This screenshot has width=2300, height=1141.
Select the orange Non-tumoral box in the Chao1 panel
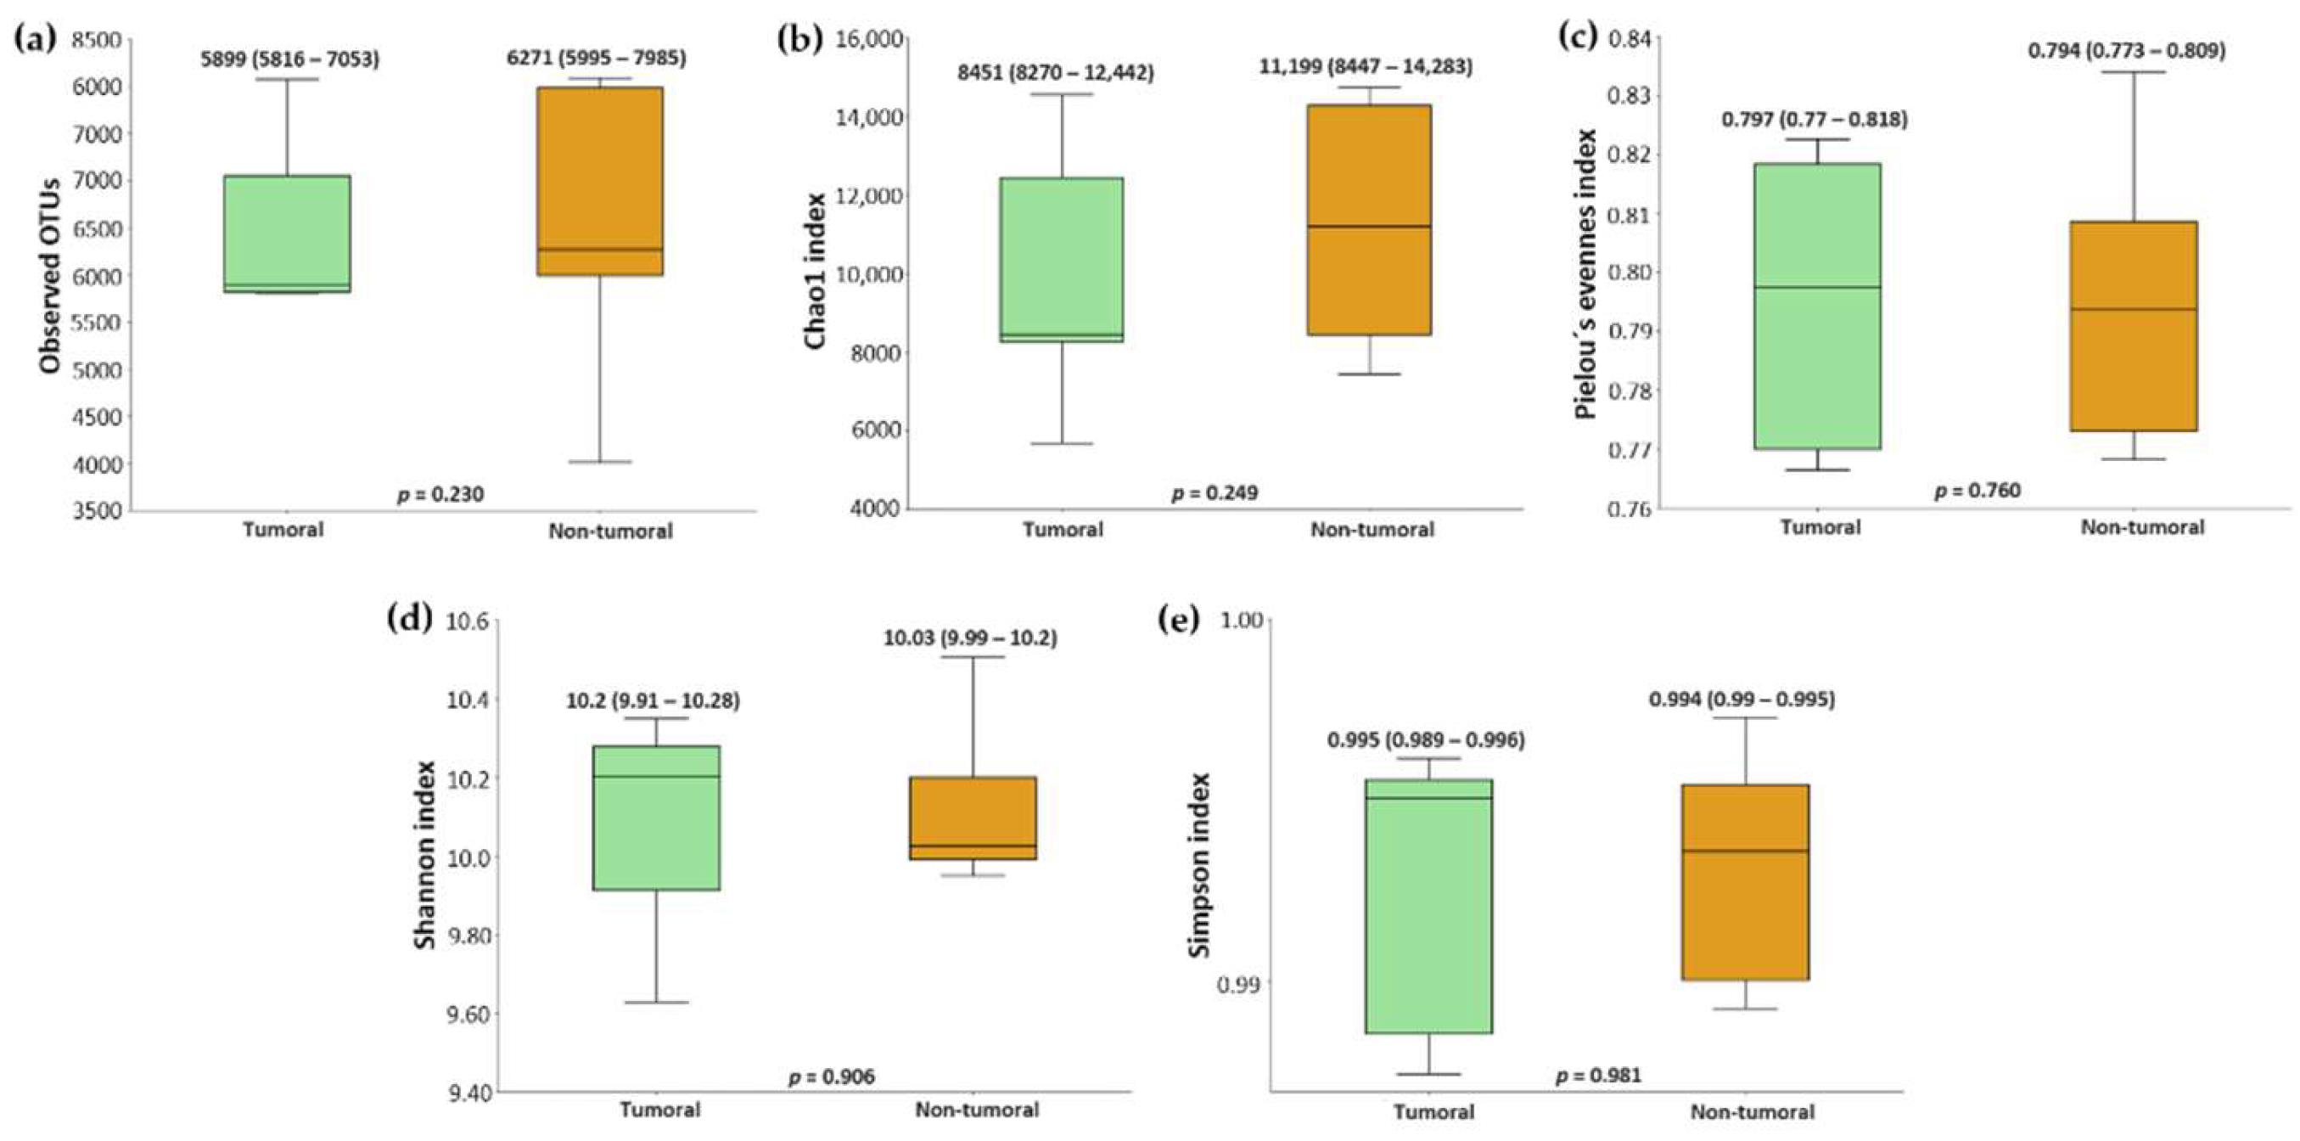click(x=1369, y=220)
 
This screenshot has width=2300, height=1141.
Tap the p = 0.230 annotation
click(x=440, y=494)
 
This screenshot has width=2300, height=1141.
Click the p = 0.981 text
click(x=1598, y=1075)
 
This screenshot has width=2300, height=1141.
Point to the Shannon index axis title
click(x=426, y=854)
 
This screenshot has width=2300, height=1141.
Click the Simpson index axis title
click(x=1199, y=865)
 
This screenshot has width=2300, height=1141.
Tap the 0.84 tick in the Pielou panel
click(x=1630, y=37)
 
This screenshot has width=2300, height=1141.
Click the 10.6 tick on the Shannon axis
click(x=467, y=621)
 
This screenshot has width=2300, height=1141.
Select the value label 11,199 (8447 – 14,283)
click(x=1366, y=66)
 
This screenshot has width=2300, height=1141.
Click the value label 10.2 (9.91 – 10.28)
click(x=653, y=701)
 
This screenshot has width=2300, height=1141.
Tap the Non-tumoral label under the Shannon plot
click(x=977, y=1110)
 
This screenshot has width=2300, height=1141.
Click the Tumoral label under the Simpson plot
click(x=1433, y=1111)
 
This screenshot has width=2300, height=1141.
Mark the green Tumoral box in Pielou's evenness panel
click(x=1817, y=306)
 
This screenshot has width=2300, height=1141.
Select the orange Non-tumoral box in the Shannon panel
click(x=973, y=818)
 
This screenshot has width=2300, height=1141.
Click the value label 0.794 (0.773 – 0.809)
click(x=2126, y=51)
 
